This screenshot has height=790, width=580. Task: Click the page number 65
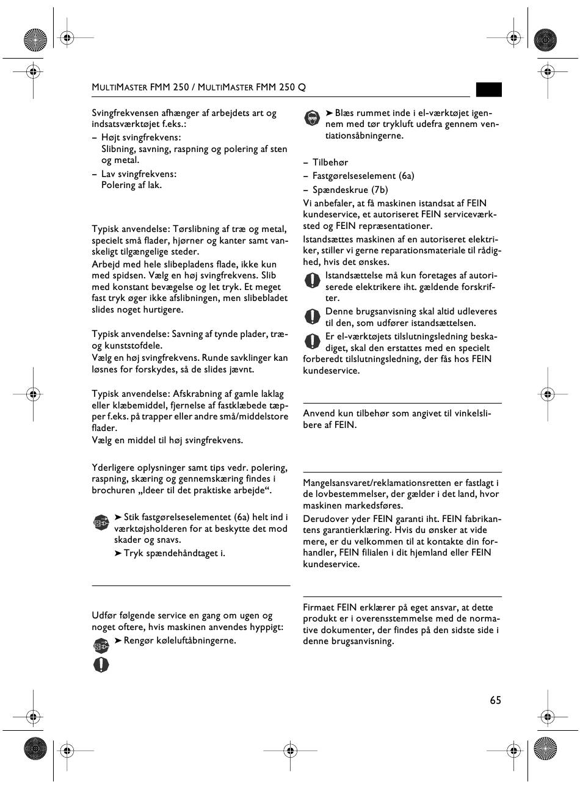[495, 700]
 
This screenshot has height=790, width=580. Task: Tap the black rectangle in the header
[489, 90]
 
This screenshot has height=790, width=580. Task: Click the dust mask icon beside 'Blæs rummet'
[312, 118]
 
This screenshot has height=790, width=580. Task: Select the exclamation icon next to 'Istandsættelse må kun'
[313, 280]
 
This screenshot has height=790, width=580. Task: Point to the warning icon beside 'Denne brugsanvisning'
[313, 316]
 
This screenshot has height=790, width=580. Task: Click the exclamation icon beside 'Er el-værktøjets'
[313, 341]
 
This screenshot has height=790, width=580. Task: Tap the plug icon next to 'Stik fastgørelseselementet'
[101, 523]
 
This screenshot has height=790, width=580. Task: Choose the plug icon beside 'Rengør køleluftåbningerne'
[101, 645]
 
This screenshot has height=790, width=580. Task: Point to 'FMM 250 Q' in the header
[281, 87]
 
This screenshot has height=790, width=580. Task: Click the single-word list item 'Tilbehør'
[330, 162]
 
